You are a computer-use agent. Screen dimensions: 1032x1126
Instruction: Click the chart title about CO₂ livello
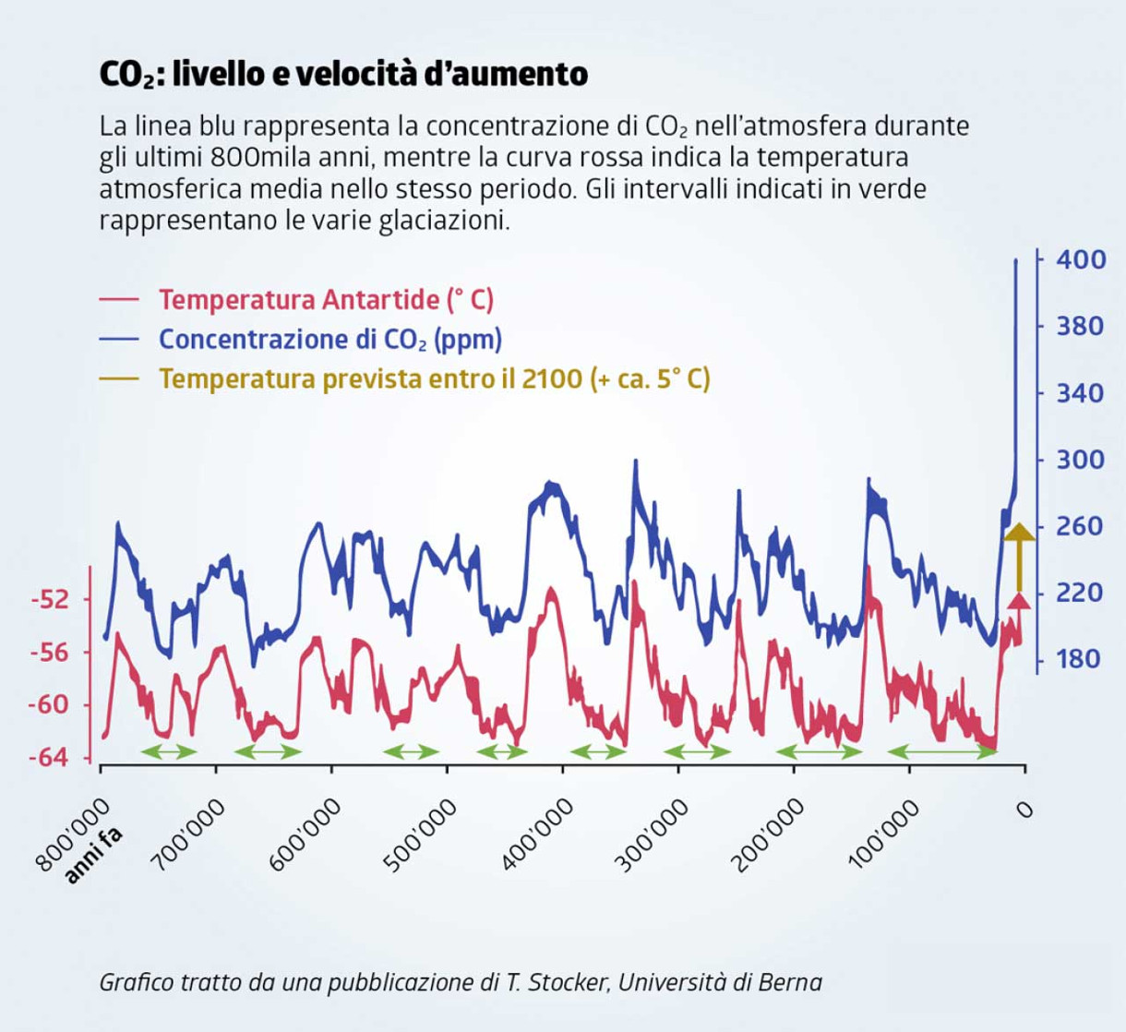(x=343, y=74)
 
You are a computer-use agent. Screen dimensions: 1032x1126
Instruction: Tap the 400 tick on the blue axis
(x=1081, y=259)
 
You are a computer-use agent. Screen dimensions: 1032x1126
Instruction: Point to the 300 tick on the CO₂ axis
(x=1081, y=460)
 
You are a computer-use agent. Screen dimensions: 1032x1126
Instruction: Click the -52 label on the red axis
(x=50, y=600)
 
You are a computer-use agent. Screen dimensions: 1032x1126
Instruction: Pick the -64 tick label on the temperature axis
(x=50, y=758)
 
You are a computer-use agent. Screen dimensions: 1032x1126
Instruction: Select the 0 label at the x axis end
(x=1023, y=810)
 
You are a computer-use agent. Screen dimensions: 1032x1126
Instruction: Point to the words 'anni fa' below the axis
(x=93, y=856)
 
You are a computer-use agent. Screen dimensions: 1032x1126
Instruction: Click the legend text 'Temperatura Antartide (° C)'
(x=326, y=300)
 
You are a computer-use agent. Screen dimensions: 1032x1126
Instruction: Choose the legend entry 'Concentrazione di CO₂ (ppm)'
(x=330, y=340)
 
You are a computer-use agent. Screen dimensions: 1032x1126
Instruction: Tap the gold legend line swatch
(x=119, y=379)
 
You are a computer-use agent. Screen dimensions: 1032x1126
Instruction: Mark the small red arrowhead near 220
(x=1019, y=602)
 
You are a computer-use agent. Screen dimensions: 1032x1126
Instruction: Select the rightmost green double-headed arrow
(x=942, y=751)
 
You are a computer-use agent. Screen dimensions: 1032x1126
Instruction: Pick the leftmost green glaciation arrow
(x=169, y=751)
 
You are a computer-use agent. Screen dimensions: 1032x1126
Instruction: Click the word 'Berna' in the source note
(x=790, y=982)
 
